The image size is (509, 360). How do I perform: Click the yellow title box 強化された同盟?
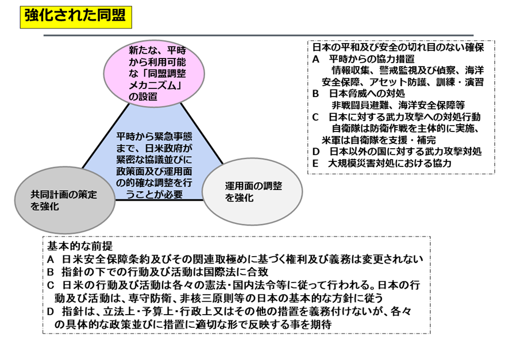(x=76, y=17)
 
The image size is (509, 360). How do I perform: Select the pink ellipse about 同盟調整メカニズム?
(x=154, y=73)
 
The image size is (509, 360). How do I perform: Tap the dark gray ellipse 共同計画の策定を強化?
(x=65, y=200)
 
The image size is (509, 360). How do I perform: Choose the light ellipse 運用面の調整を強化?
(x=252, y=191)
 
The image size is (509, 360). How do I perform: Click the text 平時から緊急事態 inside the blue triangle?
(x=154, y=137)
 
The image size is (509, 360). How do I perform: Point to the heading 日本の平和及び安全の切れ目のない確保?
(x=398, y=47)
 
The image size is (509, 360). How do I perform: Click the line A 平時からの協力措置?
(x=363, y=59)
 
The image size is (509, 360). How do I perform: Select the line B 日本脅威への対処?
(x=358, y=94)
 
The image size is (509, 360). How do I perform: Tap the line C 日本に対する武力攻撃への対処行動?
(x=396, y=117)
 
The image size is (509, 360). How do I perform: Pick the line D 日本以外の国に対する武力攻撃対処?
(x=396, y=152)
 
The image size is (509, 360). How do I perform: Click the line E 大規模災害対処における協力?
(x=381, y=163)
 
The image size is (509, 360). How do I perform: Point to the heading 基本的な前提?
(x=80, y=246)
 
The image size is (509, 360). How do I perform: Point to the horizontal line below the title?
(x=259, y=35)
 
